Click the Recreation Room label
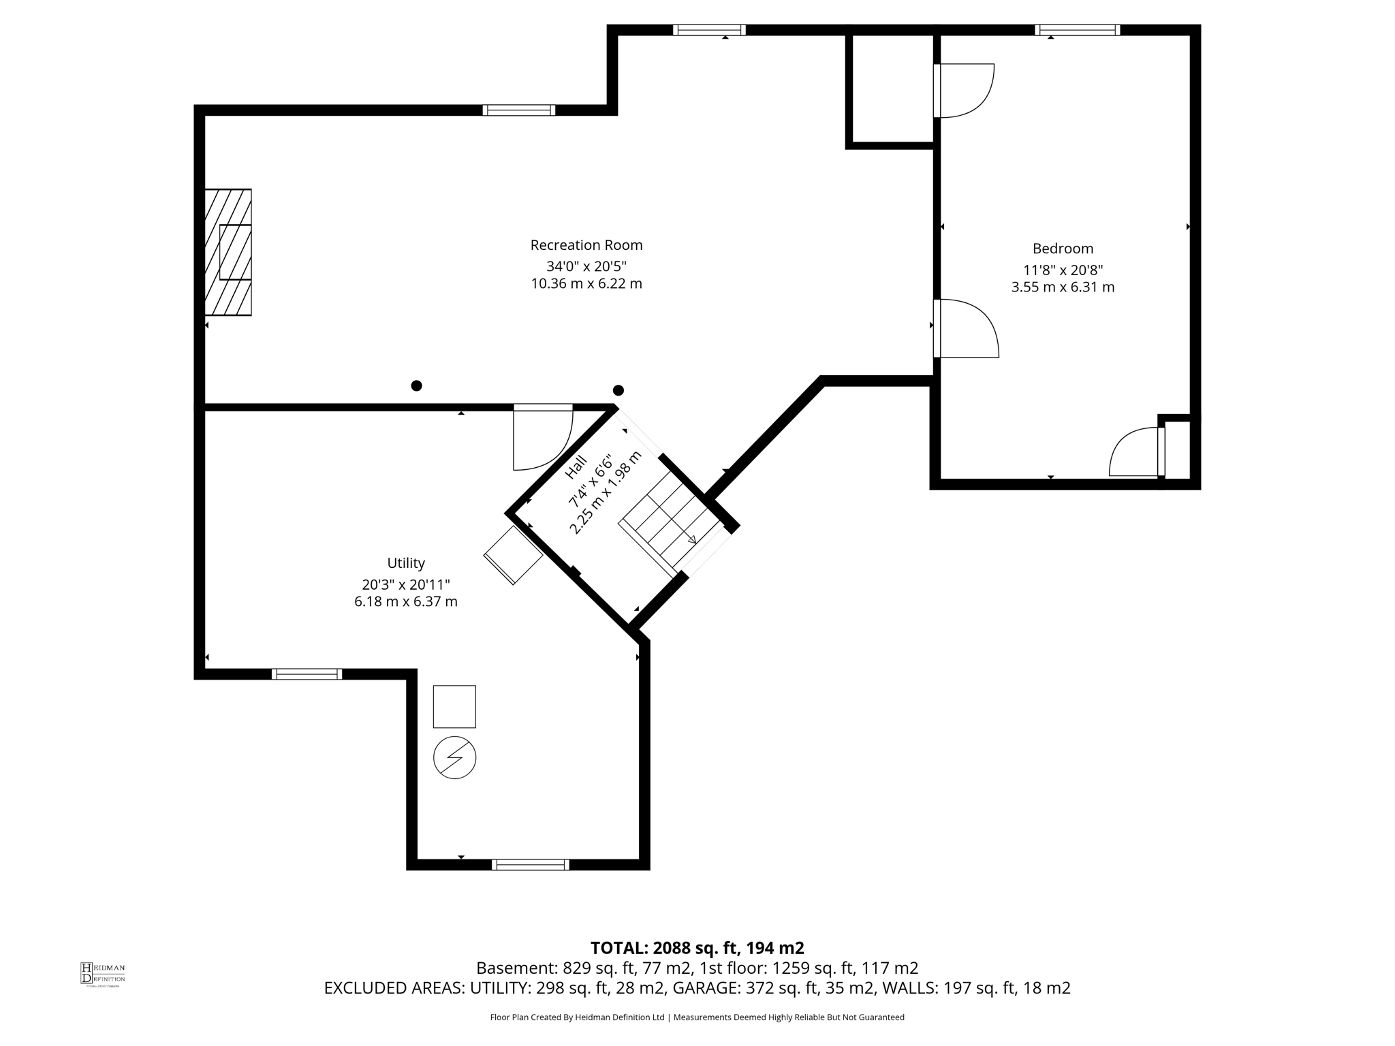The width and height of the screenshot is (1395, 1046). click(x=586, y=245)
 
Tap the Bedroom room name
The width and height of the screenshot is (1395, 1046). click(x=1063, y=249)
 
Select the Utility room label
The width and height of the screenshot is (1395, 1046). click(x=406, y=563)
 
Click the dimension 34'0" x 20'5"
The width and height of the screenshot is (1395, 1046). click(x=586, y=266)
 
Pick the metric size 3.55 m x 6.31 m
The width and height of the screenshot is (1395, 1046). click(x=1063, y=287)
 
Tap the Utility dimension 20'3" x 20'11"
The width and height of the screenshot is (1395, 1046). click(x=406, y=584)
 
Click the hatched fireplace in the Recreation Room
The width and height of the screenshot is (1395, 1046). click(x=228, y=252)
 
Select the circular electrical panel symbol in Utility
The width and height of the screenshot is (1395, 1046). click(x=454, y=757)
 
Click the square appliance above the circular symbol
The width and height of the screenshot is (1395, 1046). click(x=454, y=706)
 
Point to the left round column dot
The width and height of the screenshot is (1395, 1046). click(x=416, y=385)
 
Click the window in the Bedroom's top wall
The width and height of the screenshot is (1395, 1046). click(x=1077, y=30)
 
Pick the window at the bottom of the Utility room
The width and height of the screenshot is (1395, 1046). click(x=530, y=865)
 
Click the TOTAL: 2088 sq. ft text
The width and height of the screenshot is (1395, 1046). click(x=696, y=948)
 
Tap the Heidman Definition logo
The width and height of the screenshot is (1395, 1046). click(x=102, y=974)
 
